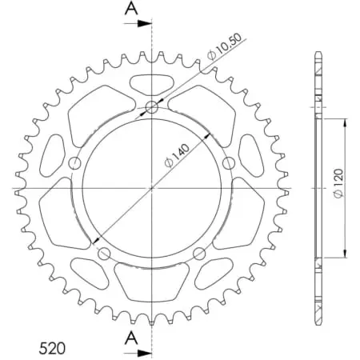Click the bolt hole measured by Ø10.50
[x=152, y=107]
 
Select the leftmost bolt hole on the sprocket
[x=75, y=164]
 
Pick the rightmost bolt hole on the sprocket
[x=229, y=164]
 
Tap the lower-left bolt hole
[x=104, y=254]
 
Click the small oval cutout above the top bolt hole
[x=152, y=81]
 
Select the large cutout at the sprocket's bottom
[x=152, y=280]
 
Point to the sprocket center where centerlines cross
[x=152, y=189]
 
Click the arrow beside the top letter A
[x=142, y=23]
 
